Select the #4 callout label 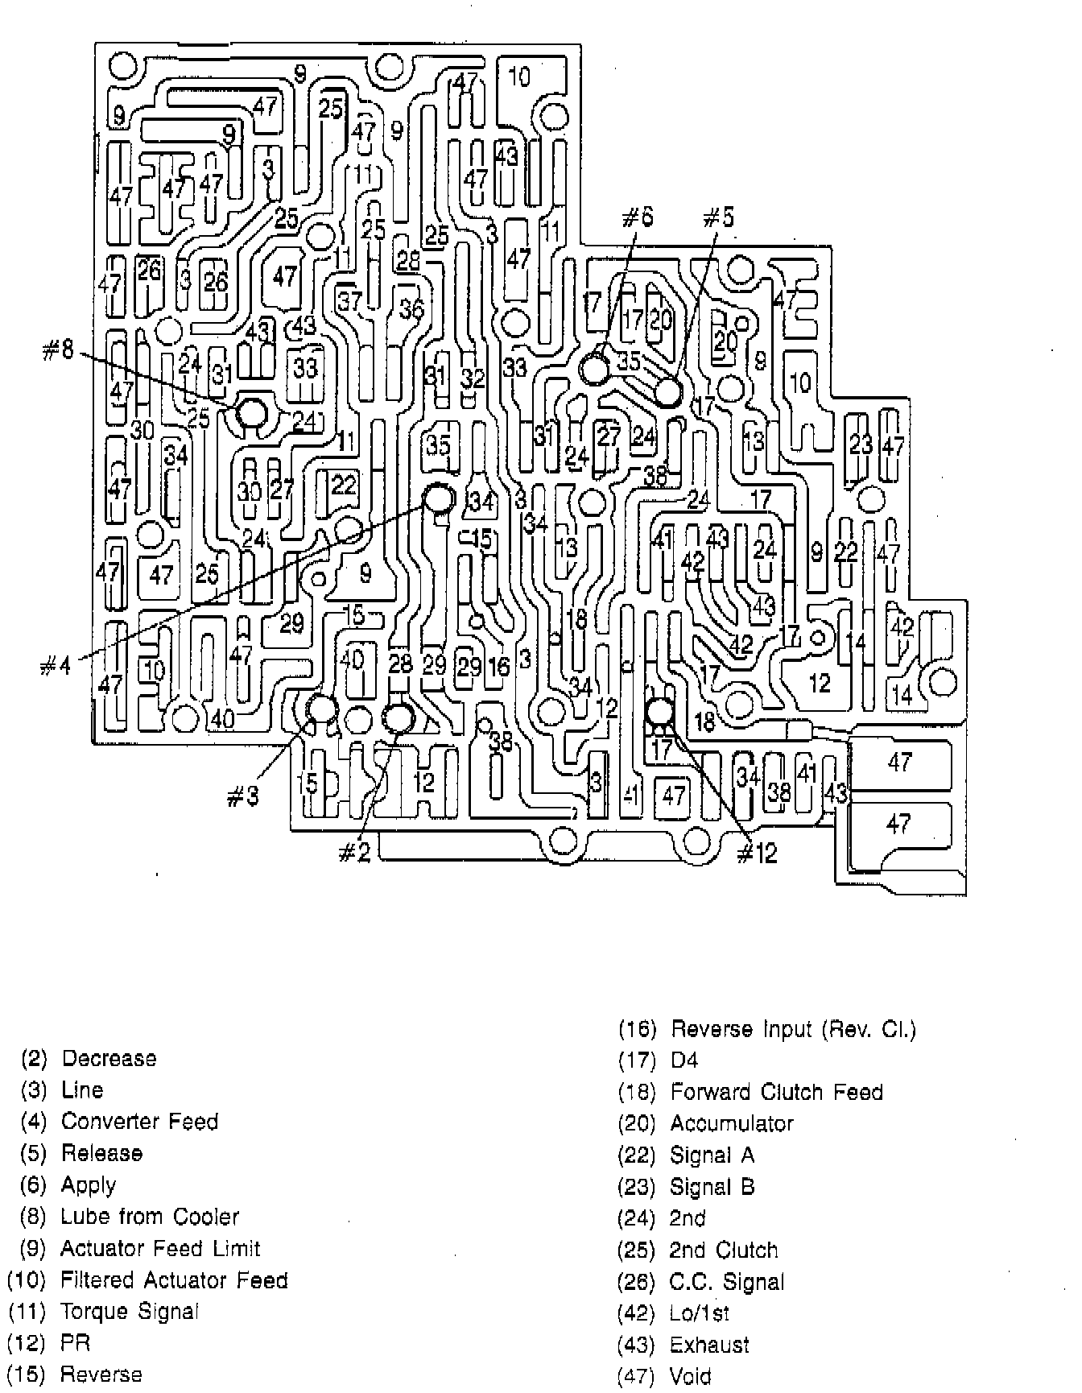pos(56,666)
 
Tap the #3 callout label pos(242,796)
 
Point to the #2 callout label pos(353,853)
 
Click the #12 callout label pos(758,853)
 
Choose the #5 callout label pos(718,217)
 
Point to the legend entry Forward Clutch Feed pos(776,1093)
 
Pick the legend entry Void pos(690,1377)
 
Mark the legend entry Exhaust pos(708,1345)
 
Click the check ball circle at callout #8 pos(251,414)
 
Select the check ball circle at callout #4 pos(439,498)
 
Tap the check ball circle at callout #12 pos(659,712)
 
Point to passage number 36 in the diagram pos(411,310)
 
